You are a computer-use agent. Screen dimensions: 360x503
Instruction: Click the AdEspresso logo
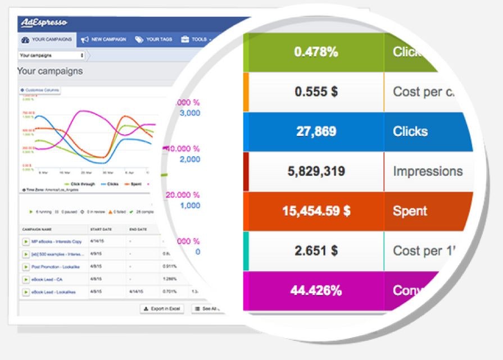point(44,23)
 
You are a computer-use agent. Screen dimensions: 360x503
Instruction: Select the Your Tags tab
point(154,40)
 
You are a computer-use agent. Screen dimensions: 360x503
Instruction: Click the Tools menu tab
point(196,40)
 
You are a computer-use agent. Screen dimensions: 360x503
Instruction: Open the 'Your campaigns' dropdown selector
point(52,56)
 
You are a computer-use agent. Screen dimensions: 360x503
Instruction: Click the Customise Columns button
point(40,90)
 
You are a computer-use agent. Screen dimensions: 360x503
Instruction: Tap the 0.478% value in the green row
point(316,52)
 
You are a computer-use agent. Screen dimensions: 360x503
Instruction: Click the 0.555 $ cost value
point(316,92)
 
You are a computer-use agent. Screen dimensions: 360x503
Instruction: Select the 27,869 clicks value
point(316,131)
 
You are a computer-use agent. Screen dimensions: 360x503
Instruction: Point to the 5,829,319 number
point(316,171)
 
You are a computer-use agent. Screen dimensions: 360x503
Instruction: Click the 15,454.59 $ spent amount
point(316,211)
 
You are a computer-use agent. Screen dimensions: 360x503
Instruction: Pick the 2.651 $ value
point(316,250)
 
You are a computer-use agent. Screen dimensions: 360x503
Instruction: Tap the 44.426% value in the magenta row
point(316,290)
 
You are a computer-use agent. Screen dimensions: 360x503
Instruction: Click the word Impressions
point(428,171)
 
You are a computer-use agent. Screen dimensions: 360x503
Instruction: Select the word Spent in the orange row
point(410,211)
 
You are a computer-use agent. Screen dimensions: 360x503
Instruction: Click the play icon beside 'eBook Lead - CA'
point(25,279)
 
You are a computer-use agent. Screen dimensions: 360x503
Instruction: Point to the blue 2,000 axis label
point(190,160)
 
